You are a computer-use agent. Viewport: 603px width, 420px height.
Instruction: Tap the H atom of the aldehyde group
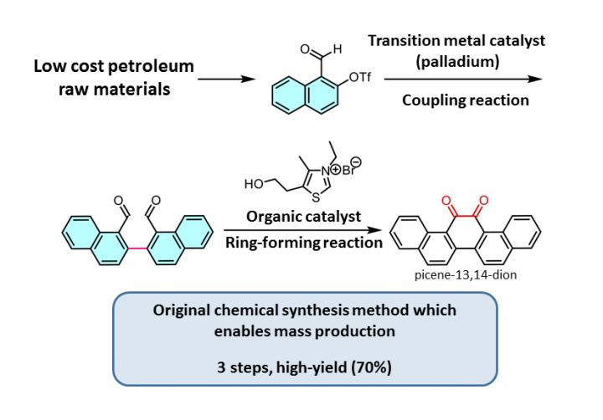337,49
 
